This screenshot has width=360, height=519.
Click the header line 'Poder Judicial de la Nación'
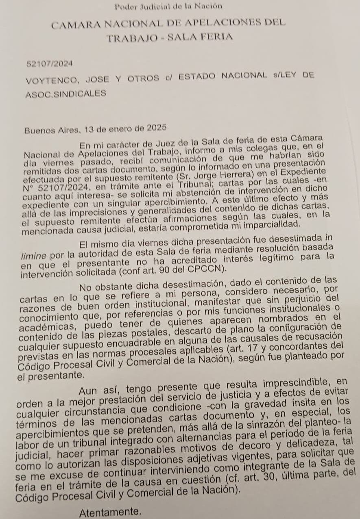point(168,6)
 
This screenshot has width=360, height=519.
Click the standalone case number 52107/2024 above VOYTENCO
point(49,64)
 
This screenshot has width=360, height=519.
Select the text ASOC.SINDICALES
point(65,94)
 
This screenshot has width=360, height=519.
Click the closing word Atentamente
point(110,512)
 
